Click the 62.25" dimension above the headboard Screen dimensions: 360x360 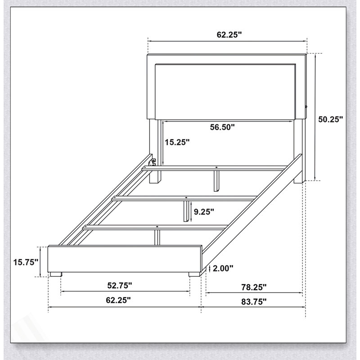(x=229, y=35)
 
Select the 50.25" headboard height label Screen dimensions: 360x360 (x=330, y=119)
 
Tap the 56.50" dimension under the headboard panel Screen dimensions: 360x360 (x=222, y=127)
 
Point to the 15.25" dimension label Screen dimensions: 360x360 (x=177, y=142)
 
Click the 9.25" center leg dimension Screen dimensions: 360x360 (x=204, y=211)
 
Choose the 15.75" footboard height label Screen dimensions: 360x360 (x=26, y=262)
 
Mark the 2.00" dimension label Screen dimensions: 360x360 (x=223, y=268)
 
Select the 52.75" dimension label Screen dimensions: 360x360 (x=120, y=285)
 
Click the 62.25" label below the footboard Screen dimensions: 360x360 (x=118, y=300)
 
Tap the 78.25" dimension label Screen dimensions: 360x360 (x=254, y=287)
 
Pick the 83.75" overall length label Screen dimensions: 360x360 (x=254, y=301)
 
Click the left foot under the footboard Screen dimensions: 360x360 (x=56, y=274)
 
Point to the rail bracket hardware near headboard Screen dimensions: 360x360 (x=153, y=162)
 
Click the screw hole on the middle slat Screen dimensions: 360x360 (x=186, y=198)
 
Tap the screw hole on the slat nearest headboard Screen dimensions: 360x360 (x=216, y=167)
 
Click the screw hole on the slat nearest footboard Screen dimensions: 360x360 (x=157, y=227)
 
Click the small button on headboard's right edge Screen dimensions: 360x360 (x=306, y=107)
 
